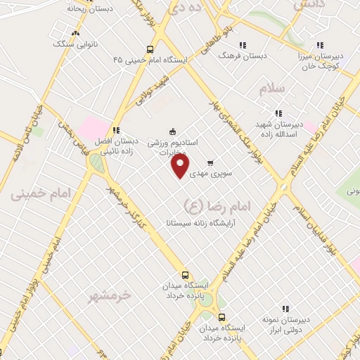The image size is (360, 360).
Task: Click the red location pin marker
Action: click(181, 167)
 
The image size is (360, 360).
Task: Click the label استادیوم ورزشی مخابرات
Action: click(173, 146)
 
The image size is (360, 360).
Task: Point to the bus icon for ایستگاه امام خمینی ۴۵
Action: click(150, 49)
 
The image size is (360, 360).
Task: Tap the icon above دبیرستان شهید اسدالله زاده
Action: click(278, 113)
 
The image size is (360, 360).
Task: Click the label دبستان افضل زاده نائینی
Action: click(117, 146)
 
